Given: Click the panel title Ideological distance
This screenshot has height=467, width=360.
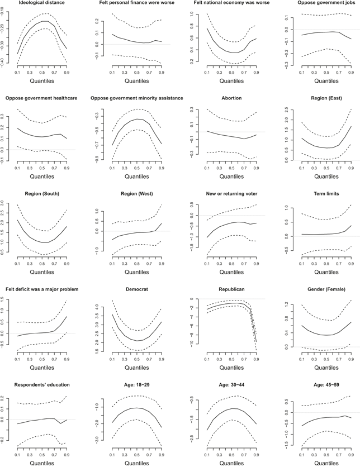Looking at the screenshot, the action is tap(42, 3).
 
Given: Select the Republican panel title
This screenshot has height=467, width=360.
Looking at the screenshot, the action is tap(231, 289).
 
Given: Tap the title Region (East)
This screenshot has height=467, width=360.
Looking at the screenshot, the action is tap(326, 98).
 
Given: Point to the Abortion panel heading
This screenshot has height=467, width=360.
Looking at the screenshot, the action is tap(231, 98).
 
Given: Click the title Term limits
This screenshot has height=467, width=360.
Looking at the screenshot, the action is tap(326, 194).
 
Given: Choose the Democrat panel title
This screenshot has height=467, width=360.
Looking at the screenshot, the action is tap(137, 289).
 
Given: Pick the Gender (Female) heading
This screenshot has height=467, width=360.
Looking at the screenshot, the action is tap(326, 289).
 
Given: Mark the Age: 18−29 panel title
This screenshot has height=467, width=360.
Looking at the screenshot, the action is tap(137, 385).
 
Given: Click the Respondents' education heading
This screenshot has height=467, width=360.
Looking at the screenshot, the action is tap(42, 385).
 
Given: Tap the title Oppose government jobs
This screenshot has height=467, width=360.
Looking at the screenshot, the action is tap(326, 3).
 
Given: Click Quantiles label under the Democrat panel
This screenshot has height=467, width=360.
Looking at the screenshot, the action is tap(137, 368).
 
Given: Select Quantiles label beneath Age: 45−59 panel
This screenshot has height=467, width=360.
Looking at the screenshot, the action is tap(326, 463).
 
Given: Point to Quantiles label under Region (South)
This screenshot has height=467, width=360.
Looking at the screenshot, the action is tap(42, 272).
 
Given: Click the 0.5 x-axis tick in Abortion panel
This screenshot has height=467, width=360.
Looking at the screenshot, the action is tap(231, 168).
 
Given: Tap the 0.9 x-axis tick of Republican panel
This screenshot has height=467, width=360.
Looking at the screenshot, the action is tap(256, 359).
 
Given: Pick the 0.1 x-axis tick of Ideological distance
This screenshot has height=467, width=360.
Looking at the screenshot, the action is tap(17, 73).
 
